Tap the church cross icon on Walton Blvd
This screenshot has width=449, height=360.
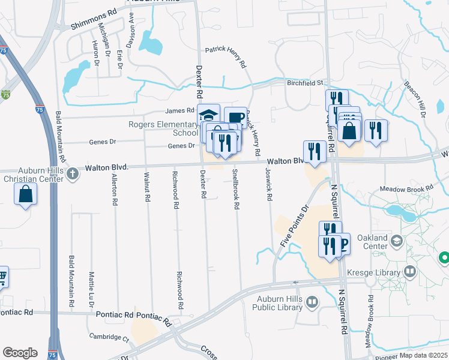[x=73, y=175]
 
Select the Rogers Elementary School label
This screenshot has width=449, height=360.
[x=163, y=128]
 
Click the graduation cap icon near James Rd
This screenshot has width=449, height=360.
[x=208, y=115]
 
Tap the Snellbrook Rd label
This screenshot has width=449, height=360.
[x=237, y=189]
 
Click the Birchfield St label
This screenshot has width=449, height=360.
[x=304, y=83]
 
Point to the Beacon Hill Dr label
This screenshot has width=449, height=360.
[x=415, y=99]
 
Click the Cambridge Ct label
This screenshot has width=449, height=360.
[x=109, y=337]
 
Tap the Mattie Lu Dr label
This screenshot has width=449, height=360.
[x=92, y=286]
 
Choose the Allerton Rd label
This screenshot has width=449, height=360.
[x=114, y=187]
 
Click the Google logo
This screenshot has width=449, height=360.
[x=20, y=353]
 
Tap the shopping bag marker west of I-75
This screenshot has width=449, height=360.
[x=25, y=194]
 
